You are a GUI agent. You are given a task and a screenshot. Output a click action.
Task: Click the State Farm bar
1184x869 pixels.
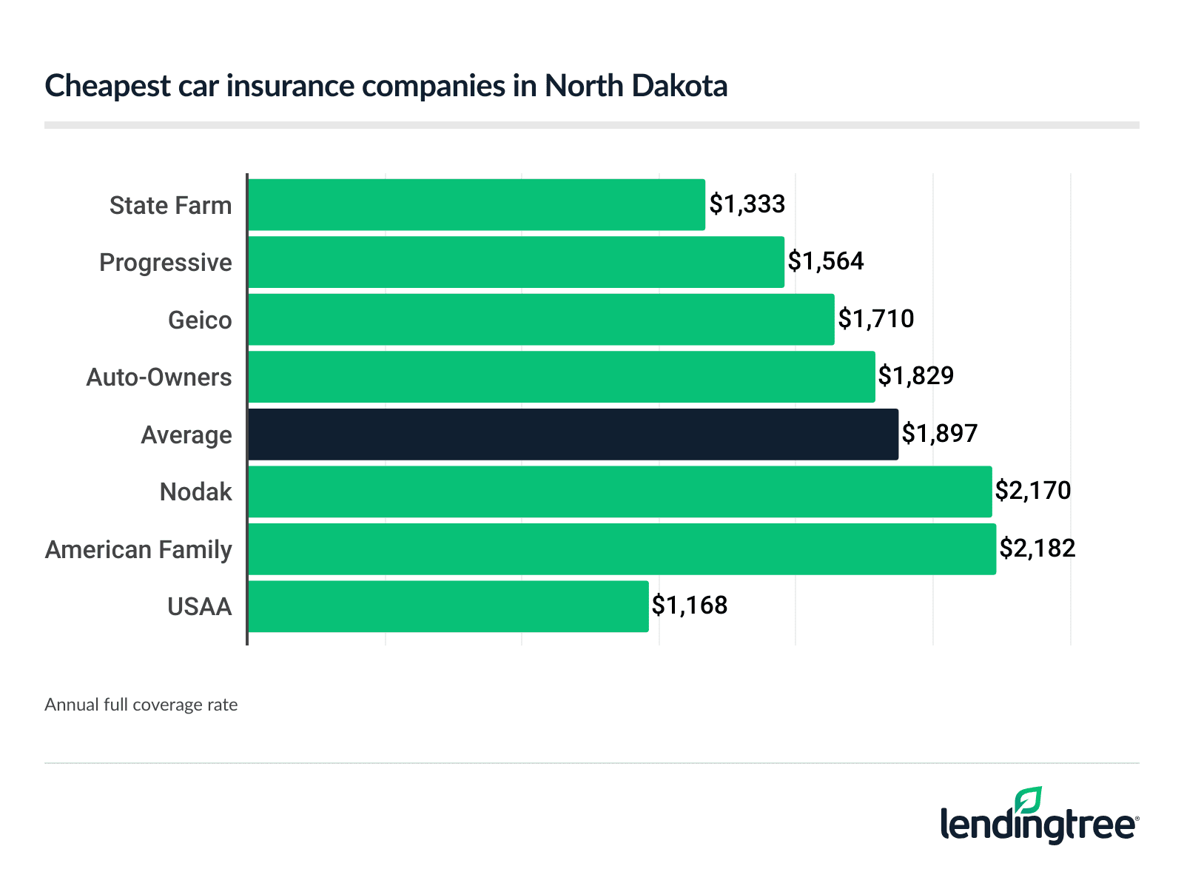[x=477, y=205]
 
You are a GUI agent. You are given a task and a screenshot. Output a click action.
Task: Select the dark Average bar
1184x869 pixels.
[x=573, y=434]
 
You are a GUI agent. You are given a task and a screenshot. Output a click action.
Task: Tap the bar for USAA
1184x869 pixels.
[x=448, y=606]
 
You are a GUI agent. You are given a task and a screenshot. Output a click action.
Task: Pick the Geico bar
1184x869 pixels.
[x=541, y=320]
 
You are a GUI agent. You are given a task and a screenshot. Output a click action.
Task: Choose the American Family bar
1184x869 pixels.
[x=622, y=549]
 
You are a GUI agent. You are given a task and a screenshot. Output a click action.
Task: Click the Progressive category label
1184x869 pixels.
[x=166, y=263]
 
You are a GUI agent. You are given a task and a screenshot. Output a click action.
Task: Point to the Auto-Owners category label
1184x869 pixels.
[x=159, y=378]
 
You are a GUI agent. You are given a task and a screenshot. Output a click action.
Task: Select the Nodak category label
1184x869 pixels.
[x=196, y=492]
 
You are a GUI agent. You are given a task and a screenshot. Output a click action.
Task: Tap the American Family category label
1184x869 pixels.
[x=138, y=550]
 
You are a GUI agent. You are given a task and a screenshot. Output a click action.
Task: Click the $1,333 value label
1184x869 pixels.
[x=747, y=204]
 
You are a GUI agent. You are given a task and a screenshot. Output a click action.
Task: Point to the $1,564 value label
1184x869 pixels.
[x=826, y=261]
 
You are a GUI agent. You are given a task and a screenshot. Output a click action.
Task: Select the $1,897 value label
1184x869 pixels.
[x=940, y=434]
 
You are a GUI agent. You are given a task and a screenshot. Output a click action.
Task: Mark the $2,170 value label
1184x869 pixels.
[x=1033, y=491]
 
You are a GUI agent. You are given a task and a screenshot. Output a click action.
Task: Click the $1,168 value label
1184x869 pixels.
[x=690, y=605]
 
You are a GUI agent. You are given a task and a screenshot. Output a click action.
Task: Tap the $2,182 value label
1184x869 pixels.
[x=1037, y=548]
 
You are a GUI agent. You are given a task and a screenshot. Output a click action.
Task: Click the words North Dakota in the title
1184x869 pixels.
[x=636, y=86]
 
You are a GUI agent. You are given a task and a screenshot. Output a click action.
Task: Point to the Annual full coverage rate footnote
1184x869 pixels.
[x=141, y=705]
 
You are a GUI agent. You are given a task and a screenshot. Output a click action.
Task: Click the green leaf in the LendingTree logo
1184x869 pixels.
[x=1028, y=801]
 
